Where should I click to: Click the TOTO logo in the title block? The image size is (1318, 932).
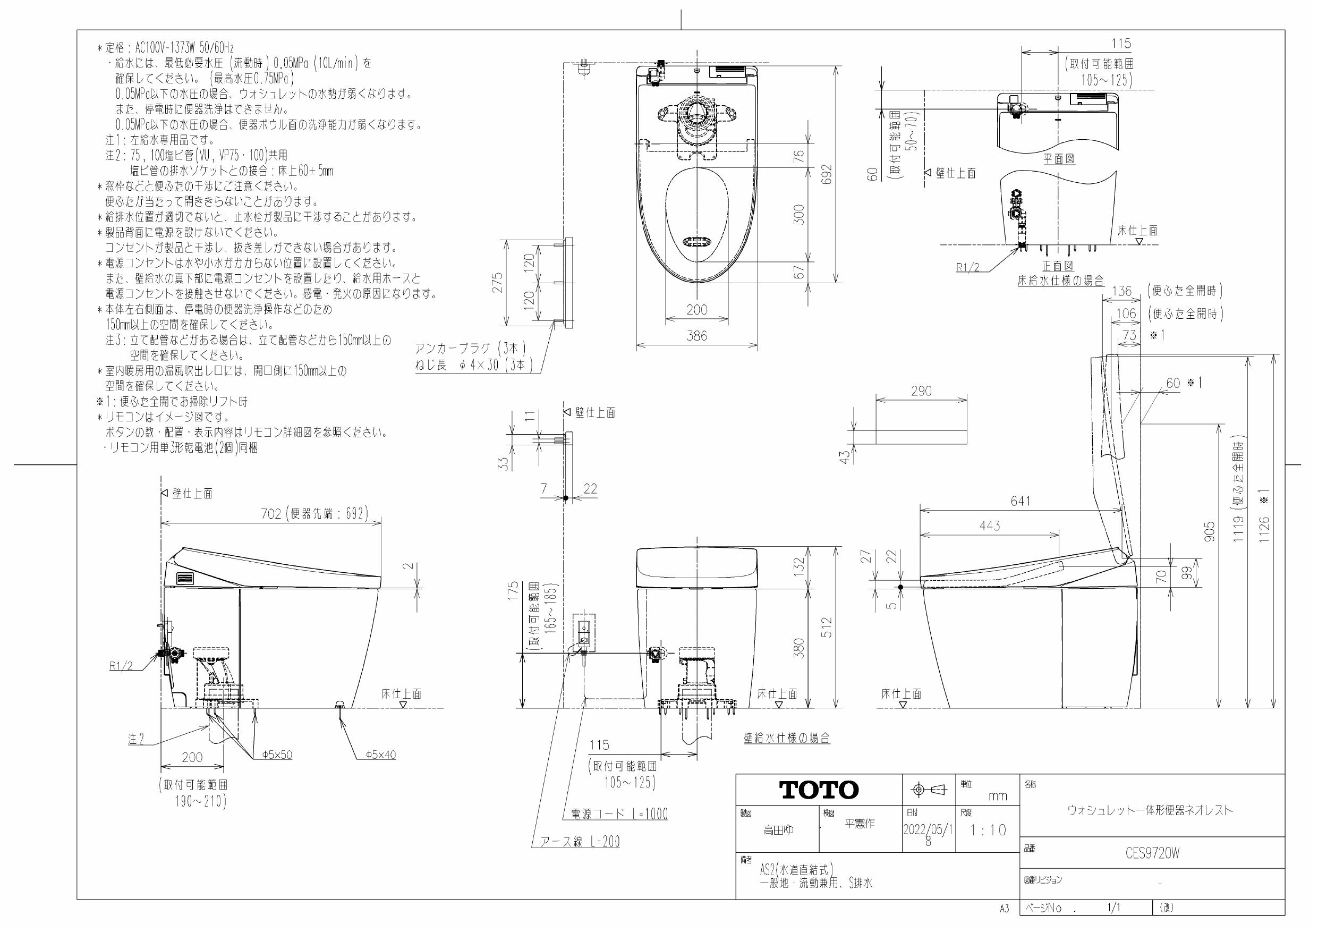coord(819,790)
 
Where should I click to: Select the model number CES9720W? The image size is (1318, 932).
coord(1152,853)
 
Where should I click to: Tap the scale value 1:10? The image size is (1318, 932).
coord(988,831)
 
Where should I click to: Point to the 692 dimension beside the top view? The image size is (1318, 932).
coord(826,175)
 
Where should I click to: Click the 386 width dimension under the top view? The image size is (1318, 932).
coord(697,336)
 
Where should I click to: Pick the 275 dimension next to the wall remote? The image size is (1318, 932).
coord(497,283)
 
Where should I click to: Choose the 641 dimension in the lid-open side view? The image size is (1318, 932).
coord(1021,501)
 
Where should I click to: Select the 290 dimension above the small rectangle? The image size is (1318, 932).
coord(921,391)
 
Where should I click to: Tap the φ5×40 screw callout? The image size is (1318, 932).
coord(380,755)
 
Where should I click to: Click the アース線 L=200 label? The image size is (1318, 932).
coord(580,842)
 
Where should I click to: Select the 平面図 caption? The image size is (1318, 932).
coord(1059,159)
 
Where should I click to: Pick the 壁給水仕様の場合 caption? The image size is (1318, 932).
coord(786,739)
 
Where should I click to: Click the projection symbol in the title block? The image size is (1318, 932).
coord(929,790)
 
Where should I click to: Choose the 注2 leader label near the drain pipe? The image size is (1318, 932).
coord(136,740)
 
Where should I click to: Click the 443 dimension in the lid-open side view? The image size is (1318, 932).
coord(990,526)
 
